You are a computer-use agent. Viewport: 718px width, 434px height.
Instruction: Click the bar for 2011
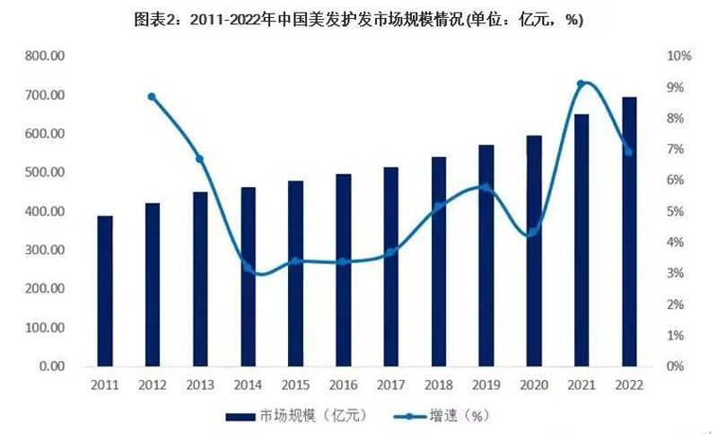pyautogui.click(x=105, y=291)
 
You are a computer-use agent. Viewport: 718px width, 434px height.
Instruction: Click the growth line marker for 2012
pyautogui.click(x=152, y=97)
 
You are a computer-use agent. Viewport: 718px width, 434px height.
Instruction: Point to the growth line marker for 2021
pyautogui.click(x=582, y=84)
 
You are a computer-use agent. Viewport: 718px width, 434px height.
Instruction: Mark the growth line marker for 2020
pyautogui.click(x=533, y=232)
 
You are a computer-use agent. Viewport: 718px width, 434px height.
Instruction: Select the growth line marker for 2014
pyautogui.click(x=248, y=267)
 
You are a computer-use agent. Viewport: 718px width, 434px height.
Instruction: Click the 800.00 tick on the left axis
pyautogui.click(x=46, y=56)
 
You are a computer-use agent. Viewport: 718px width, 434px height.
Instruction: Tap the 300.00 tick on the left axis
pyautogui.click(x=46, y=250)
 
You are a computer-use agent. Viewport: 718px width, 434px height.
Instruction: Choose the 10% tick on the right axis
pyautogui.click(x=678, y=56)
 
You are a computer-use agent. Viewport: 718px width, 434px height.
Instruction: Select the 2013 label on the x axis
pyautogui.click(x=200, y=385)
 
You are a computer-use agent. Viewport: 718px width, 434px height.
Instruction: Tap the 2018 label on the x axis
pyautogui.click(x=439, y=385)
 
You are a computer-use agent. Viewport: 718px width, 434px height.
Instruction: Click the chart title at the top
pyautogui.click(x=359, y=20)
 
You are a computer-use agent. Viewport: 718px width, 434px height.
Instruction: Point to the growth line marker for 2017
pyautogui.click(x=390, y=252)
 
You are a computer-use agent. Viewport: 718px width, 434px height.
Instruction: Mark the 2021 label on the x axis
pyautogui.click(x=582, y=385)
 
